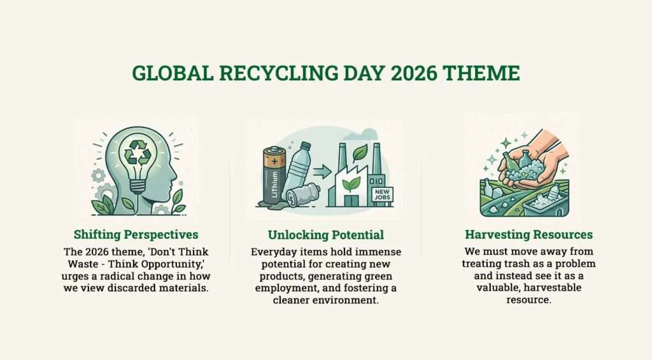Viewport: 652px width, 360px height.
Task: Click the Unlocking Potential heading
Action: click(325, 234)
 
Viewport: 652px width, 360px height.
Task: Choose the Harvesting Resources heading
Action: click(529, 234)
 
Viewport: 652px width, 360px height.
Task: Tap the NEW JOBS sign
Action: click(383, 194)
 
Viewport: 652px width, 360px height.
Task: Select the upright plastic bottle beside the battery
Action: click(298, 167)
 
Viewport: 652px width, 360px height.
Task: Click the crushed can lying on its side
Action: click(302, 194)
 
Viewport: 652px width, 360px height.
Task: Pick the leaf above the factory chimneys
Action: click(360, 151)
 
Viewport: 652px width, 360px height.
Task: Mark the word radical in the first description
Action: click(125, 275)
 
